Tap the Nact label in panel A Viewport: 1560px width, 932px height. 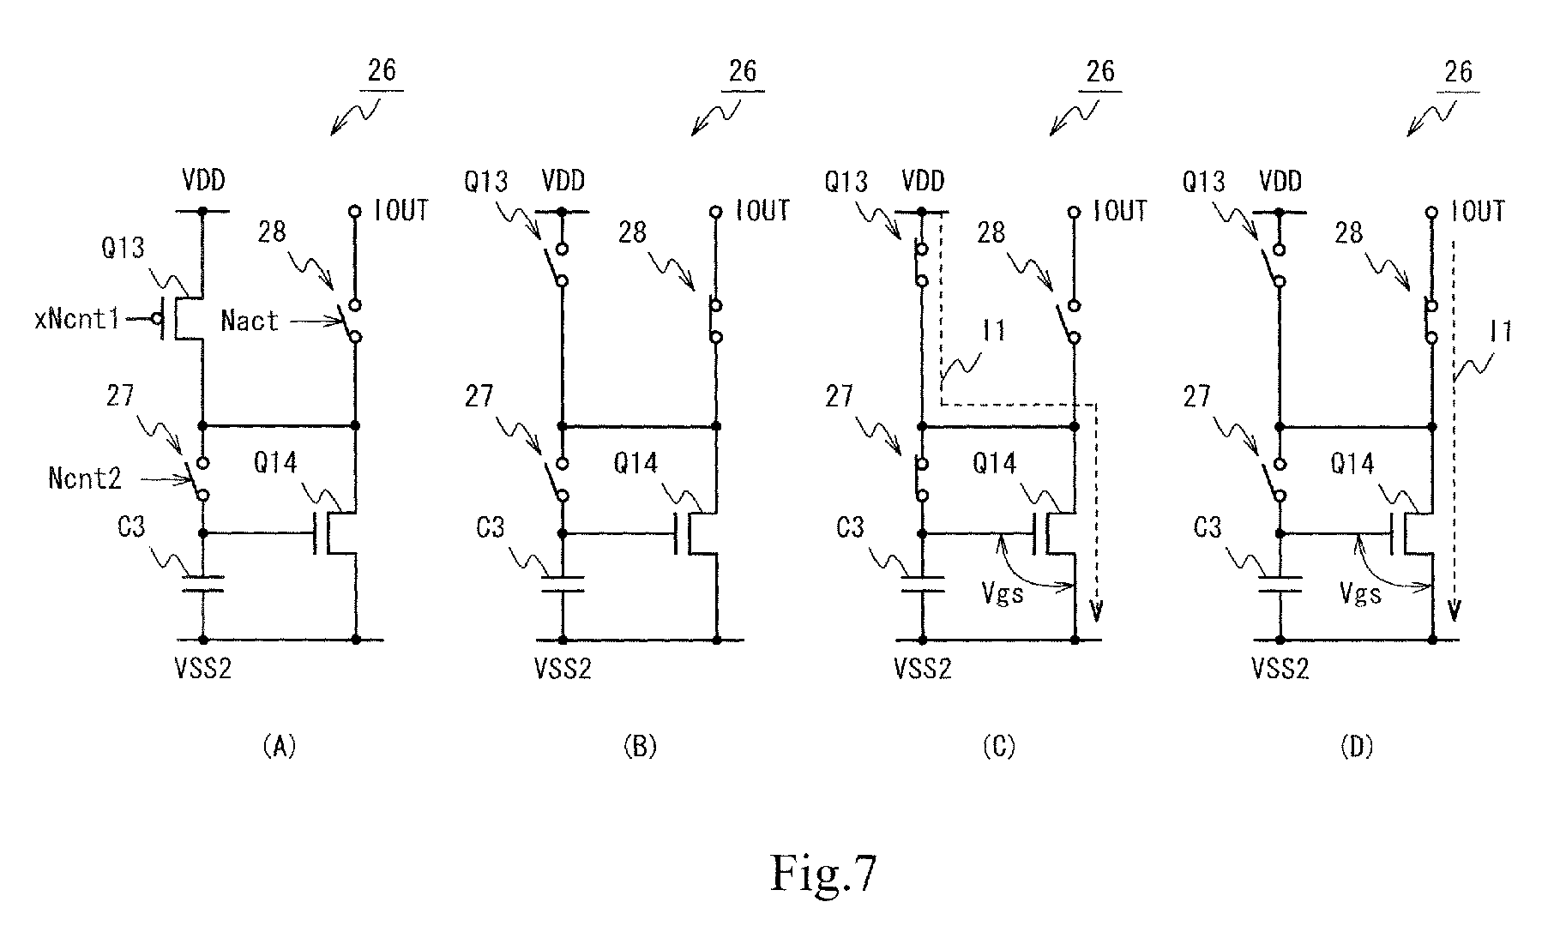pos(250,322)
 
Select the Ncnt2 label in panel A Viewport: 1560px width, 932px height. pos(84,478)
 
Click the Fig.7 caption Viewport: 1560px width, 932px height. pos(823,873)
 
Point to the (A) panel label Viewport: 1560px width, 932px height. pos(279,747)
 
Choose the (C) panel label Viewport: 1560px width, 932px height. pos(998,747)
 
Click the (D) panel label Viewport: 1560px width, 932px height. pos(1356,747)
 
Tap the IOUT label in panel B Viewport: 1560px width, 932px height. pos(762,211)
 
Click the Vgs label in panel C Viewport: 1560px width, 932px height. pos(1003,592)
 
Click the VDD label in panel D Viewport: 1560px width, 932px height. pos(1280,181)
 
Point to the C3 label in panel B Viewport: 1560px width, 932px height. pos(490,527)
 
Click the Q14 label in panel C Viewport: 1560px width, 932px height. pos(994,464)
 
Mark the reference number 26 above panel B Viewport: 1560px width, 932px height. pos(743,71)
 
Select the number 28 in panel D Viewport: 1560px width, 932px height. pos(1349,231)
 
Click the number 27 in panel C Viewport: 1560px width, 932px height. pos(839,396)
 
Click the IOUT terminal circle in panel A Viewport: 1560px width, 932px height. pos(355,211)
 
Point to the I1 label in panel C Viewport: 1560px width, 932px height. pos(993,331)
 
